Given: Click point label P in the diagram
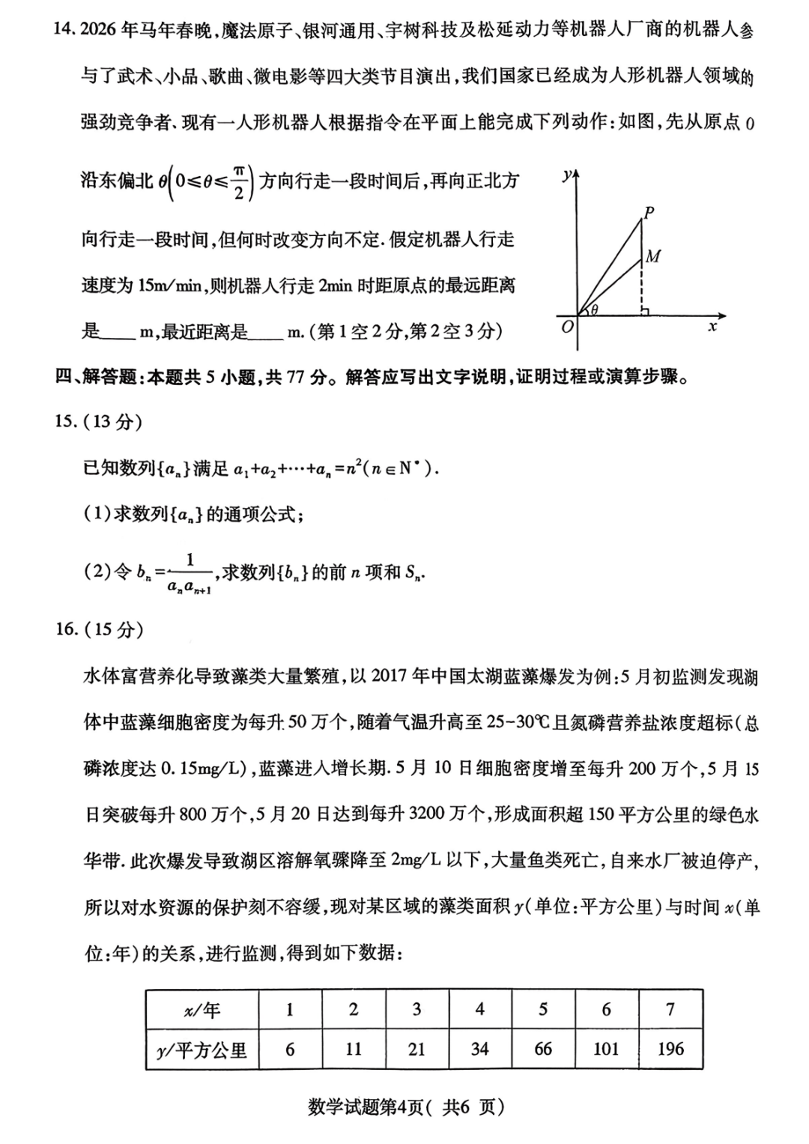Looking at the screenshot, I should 649,212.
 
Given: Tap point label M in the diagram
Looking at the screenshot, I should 653,257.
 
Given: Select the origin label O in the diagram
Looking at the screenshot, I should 567,327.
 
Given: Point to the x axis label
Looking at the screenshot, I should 712,327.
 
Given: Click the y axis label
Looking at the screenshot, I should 568,175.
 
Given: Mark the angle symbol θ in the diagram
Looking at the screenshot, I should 594,309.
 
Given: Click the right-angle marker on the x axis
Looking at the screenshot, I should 646,309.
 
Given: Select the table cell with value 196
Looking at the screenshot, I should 670,1049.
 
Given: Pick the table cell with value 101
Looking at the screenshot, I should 606,1049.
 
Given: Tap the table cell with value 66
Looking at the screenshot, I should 543,1049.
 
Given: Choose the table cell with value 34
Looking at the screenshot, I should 479,1049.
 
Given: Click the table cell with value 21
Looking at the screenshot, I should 416,1049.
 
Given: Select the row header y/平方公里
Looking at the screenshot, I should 202,1050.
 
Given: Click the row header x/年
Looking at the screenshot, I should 202,1010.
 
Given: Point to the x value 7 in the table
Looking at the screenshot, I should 670,1009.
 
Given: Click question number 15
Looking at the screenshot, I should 66,422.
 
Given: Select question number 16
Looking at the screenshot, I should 66,629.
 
